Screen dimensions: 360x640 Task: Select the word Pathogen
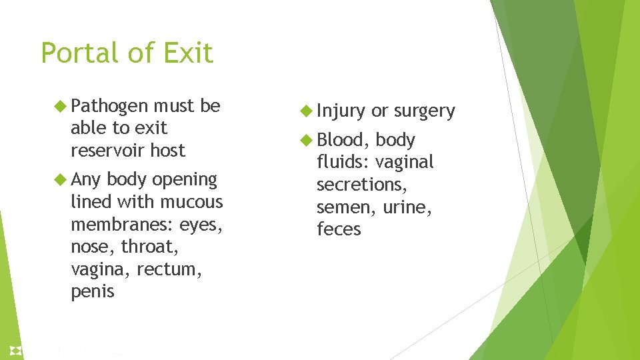109,106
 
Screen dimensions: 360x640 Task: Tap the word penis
93,291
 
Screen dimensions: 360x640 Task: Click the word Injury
341,111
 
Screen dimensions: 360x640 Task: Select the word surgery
425,111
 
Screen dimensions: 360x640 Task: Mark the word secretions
361,185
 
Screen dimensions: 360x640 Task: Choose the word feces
339,229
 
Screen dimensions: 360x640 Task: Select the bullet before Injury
307,111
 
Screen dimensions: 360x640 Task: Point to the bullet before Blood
307,140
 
